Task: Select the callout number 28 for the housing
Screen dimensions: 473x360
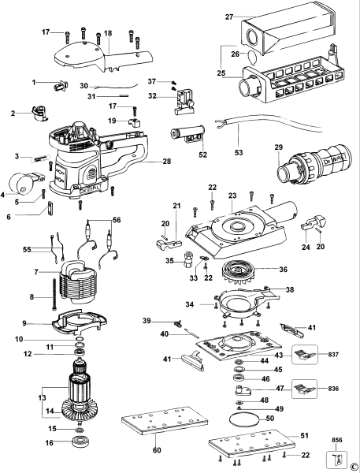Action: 166,161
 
